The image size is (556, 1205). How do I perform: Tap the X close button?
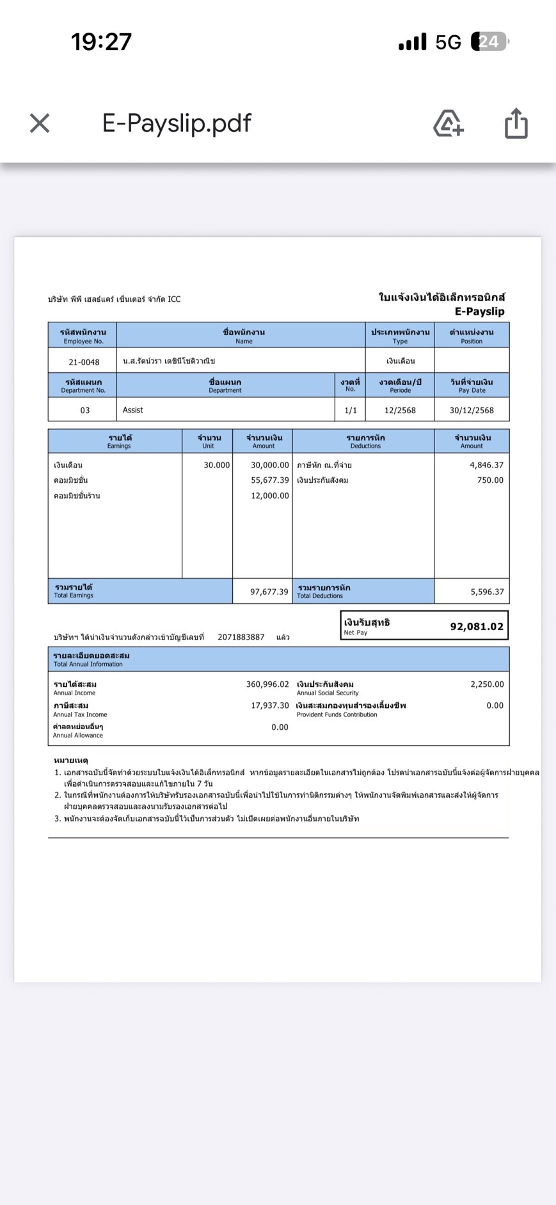(40, 123)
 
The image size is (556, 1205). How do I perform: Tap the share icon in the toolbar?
(516, 123)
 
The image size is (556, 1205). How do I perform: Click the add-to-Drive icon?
(449, 123)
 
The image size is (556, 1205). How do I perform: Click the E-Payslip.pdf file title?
(177, 123)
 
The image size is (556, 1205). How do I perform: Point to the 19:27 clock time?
(101, 42)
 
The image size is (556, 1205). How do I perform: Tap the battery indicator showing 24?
(489, 42)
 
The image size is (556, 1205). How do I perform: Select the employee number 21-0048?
(84, 362)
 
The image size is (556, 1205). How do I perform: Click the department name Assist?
(133, 410)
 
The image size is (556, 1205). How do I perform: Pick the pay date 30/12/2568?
(472, 411)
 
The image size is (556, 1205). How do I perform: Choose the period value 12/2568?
(400, 411)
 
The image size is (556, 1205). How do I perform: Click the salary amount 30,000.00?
(269, 465)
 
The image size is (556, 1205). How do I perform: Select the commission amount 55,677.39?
(269, 480)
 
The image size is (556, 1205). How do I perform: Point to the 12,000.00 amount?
(269, 496)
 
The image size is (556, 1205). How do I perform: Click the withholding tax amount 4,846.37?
(486, 465)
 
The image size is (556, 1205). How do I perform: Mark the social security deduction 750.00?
(490, 480)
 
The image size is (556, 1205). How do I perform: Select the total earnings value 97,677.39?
(269, 592)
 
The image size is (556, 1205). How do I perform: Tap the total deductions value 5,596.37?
(487, 592)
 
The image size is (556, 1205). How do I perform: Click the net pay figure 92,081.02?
(477, 627)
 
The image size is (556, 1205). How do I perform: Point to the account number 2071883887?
(241, 637)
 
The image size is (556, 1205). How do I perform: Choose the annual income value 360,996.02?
(267, 684)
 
